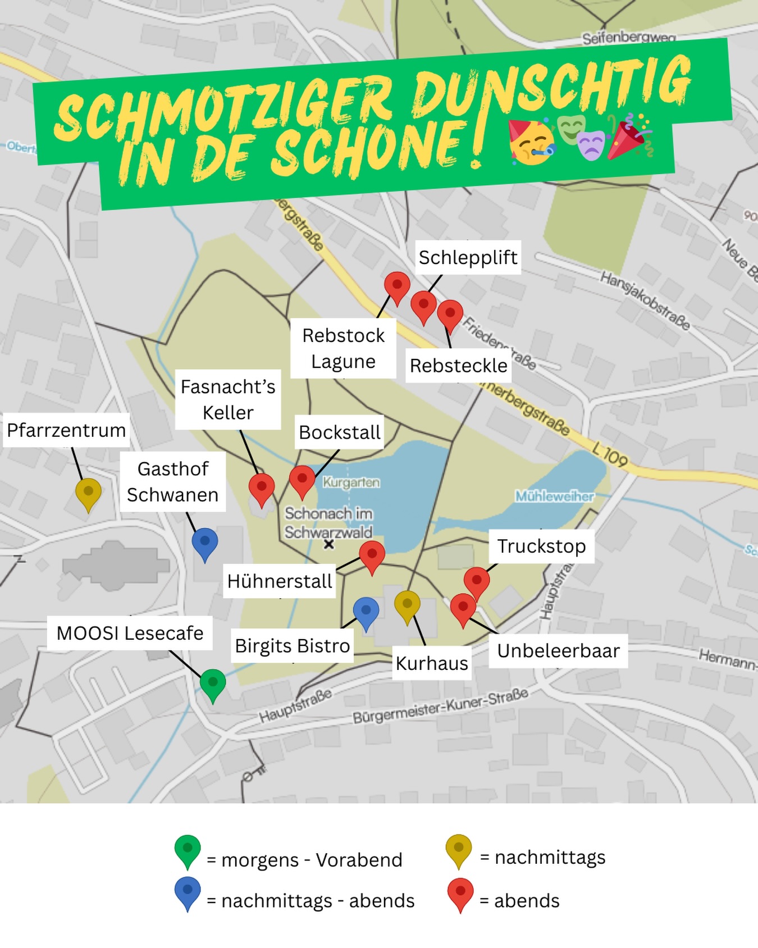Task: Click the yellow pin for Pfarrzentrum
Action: (88, 493)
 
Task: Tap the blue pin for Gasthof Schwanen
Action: (205, 543)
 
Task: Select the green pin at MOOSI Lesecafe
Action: (213, 683)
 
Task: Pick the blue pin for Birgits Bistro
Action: (366, 612)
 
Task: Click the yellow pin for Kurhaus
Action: (407, 605)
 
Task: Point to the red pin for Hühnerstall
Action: (372, 555)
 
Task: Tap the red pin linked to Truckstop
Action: (477, 582)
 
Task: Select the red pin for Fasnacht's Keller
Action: (262, 487)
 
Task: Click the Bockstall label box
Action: (340, 432)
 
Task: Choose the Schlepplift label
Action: (468, 257)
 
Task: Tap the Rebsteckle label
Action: (458, 366)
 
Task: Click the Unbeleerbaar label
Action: (558, 651)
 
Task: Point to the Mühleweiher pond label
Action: (555, 496)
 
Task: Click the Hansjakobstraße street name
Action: (645, 301)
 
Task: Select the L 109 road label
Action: (610, 455)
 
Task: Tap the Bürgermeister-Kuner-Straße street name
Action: (441, 707)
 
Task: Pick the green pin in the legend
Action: (188, 850)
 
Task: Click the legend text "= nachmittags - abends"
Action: (318, 901)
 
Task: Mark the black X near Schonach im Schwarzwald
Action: (329, 544)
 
